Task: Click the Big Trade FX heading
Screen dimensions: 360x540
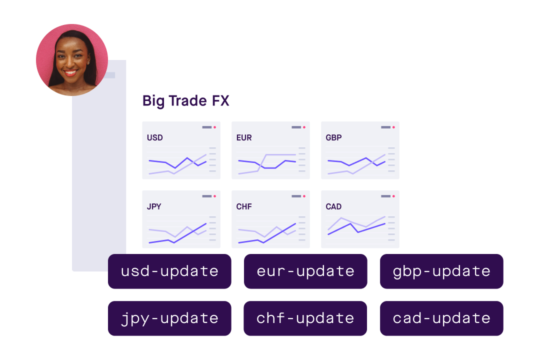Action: [185, 100]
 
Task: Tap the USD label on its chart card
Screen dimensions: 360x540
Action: [155, 137]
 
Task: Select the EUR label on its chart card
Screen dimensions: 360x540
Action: [244, 137]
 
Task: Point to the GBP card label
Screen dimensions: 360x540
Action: [333, 137]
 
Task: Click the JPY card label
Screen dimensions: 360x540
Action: [154, 206]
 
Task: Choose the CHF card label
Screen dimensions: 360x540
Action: [244, 206]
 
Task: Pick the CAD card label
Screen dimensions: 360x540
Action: [333, 206]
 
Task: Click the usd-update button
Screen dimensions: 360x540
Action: [169, 271]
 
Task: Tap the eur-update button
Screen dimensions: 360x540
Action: [305, 271]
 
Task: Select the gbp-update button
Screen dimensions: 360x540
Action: [441, 271]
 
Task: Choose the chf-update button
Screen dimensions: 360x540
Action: [305, 318]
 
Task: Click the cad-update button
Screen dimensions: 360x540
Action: [441, 318]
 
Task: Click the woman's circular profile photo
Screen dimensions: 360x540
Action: [72, 60]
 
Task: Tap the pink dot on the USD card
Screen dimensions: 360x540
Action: [215, 127]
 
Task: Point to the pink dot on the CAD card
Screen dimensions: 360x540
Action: [393, 196]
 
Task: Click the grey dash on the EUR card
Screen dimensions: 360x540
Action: [296, 127]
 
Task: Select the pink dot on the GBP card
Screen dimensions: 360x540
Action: [393, 127]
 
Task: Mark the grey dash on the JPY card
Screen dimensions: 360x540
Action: [206, 196]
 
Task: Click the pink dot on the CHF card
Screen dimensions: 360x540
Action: [304, 196]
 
